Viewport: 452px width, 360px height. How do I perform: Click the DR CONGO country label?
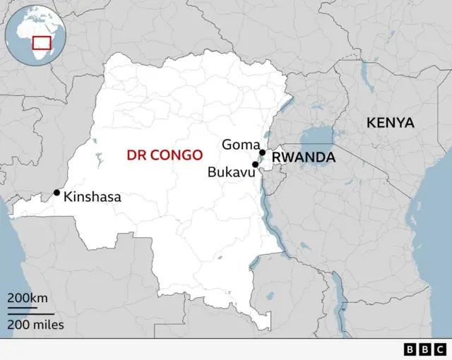[x=164, y=155]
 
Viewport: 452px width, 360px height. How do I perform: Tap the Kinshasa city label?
[x=92, y=198]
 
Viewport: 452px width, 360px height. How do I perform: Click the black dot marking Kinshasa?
[x=56, y=192]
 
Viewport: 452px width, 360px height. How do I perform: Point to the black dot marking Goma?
[x=262, y=152]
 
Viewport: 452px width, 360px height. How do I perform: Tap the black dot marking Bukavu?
[x=255, y=164]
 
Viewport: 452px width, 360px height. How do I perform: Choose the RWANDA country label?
[x=304, y=157]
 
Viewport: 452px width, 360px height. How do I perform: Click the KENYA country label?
[x=390, y=123]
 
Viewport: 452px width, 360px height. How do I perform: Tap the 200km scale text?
[x=28, y=297]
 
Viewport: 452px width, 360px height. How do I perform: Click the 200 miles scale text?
[x=36, y=325]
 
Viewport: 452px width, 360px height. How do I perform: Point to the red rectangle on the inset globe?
[x=42, y=42]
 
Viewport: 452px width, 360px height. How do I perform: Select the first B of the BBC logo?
[x=410, y=349]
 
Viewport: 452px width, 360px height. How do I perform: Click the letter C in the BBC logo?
[x=439, y=349]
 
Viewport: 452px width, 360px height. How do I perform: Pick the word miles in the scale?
[x=49, y=325]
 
